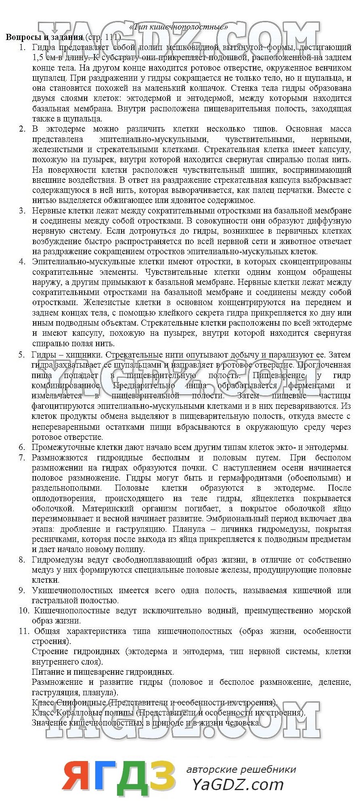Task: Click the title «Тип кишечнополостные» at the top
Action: pos(179,27)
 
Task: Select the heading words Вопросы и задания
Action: pos(44,37)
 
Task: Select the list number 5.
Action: pos(21,355)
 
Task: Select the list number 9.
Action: pos(21,590)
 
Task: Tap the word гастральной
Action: pos(55,600)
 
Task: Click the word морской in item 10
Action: pos(335,611)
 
